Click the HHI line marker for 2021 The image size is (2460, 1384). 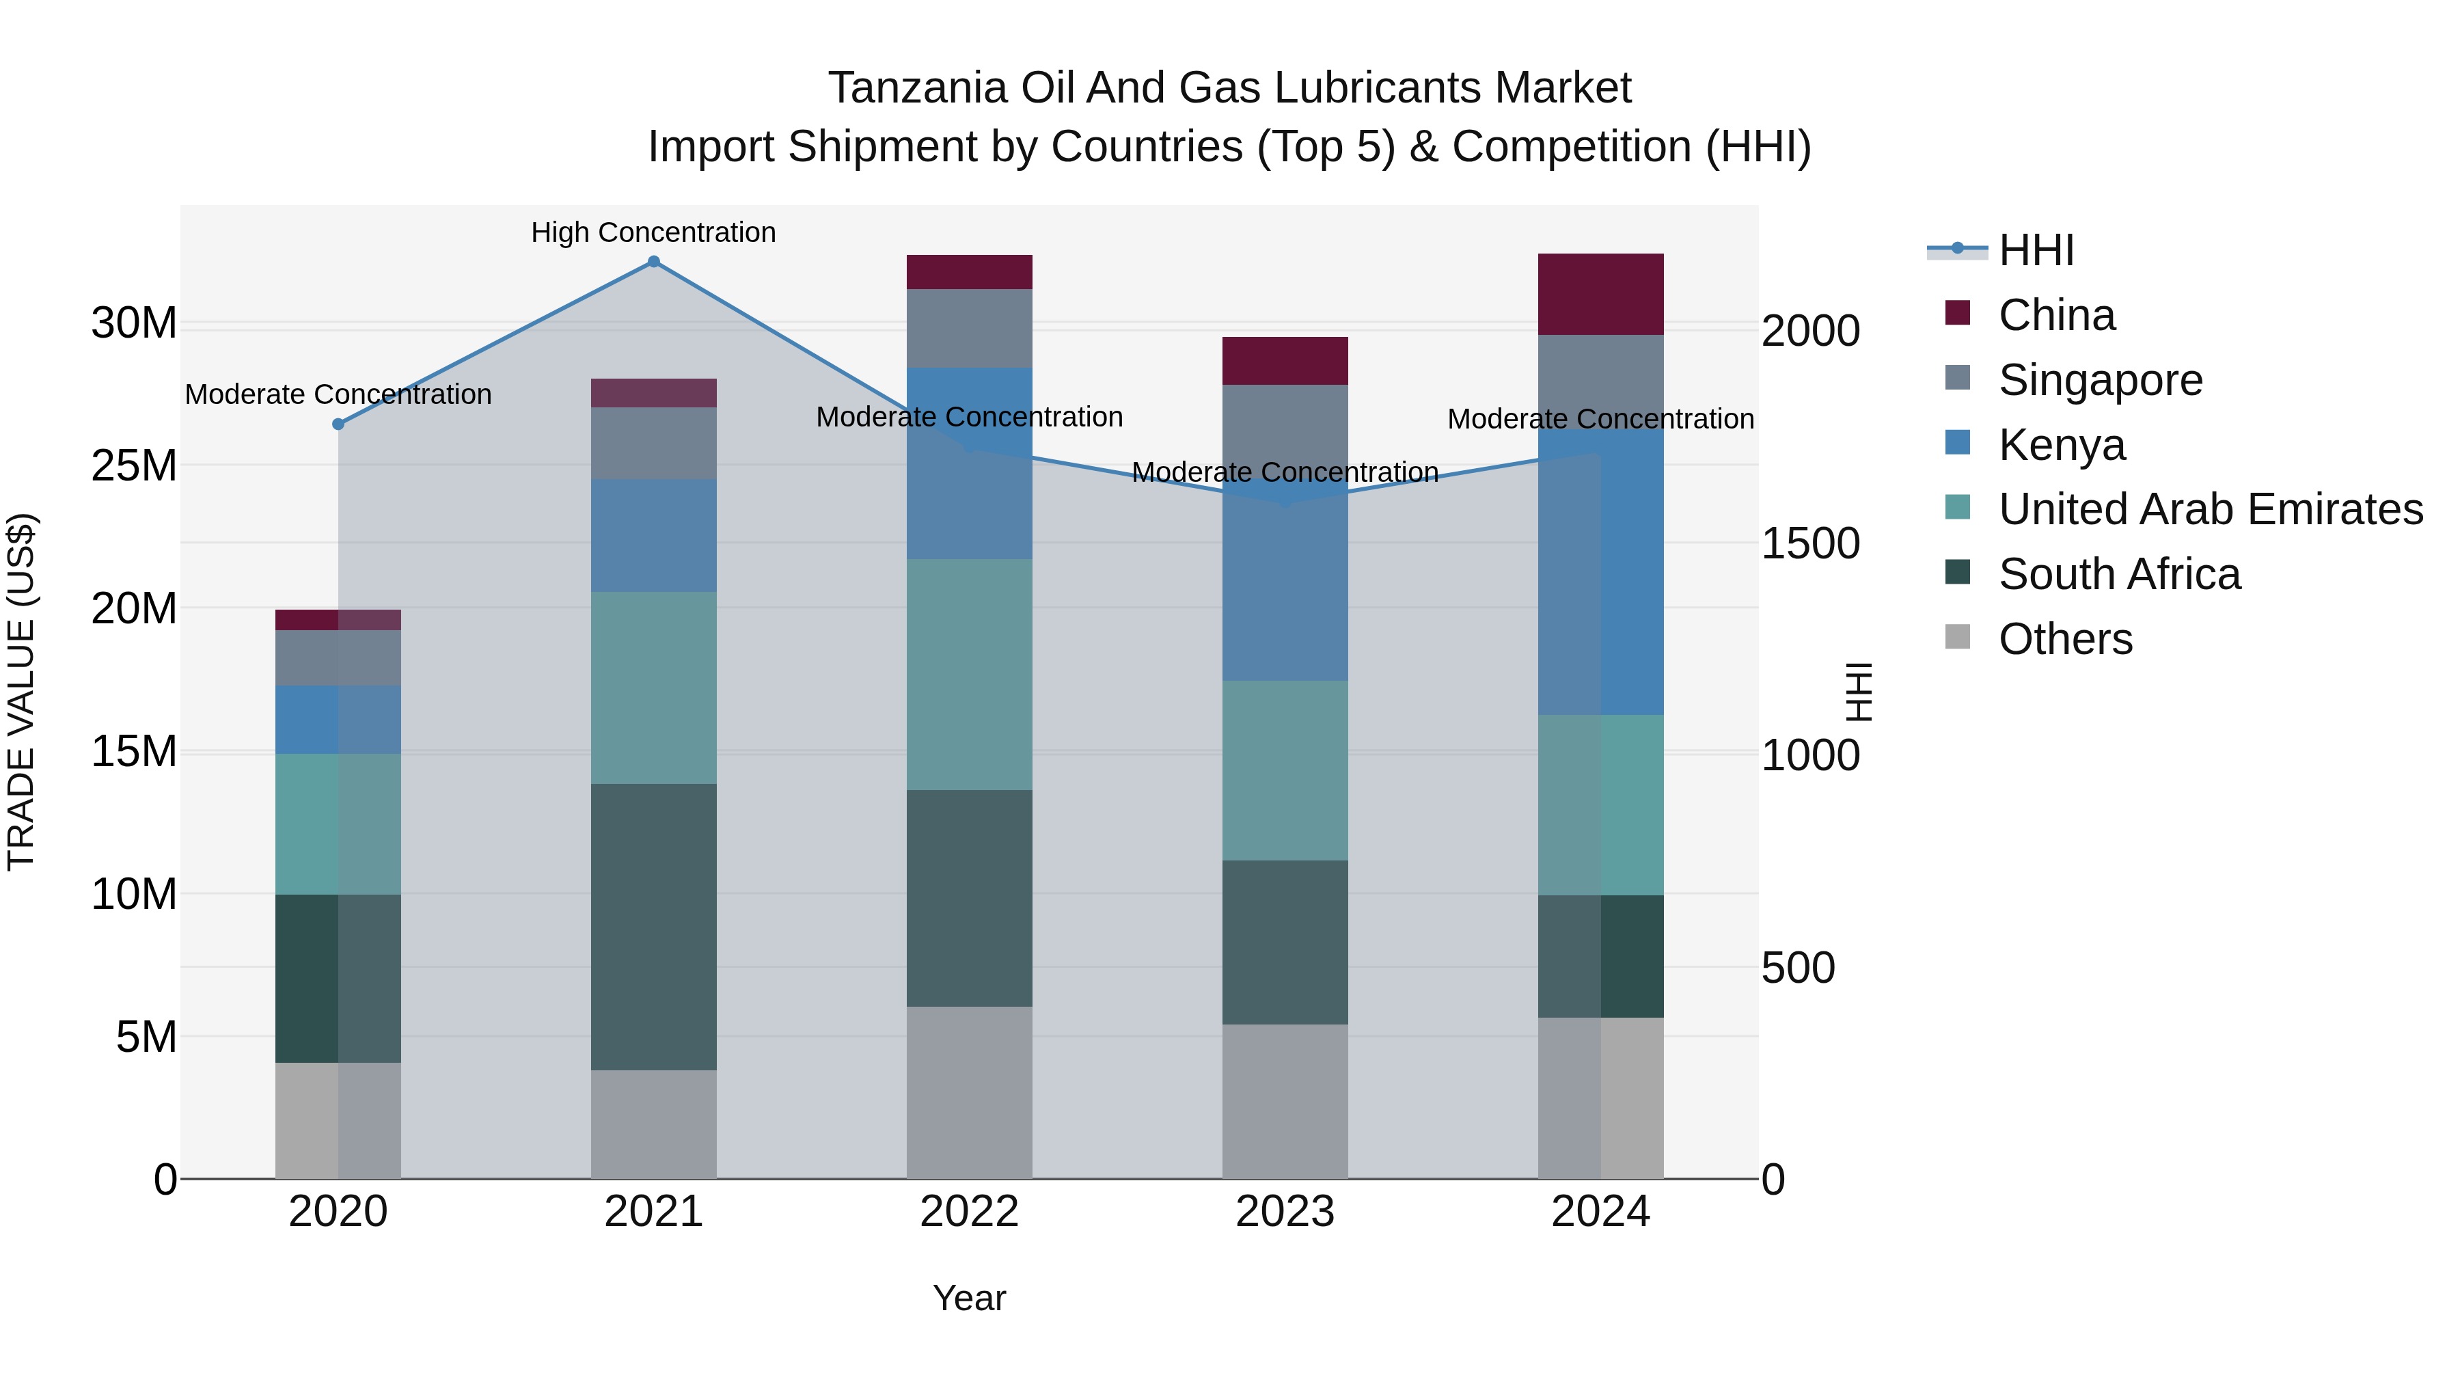click(x=653, y=262)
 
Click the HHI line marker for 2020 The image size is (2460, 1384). click(x=338, y=424)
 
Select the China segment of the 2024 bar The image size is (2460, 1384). click(x=1600, y=294)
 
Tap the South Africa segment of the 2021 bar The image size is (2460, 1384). click(x=653, y=927)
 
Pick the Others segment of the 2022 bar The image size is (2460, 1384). click(x=969, y=1091)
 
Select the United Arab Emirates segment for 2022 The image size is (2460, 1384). click(x=969, y=675)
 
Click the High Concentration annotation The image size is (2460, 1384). click(x=653, y=232)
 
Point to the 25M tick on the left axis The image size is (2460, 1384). click(x=134, y=466)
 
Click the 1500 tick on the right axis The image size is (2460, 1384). click(x=1809, y=543)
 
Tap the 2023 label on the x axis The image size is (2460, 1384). click(x=1285, y=1212)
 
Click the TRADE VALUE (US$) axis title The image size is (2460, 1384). click(x=21, y=692)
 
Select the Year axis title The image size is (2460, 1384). click(x=968, y=1298)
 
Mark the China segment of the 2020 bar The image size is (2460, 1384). click(x=338, y=620)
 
